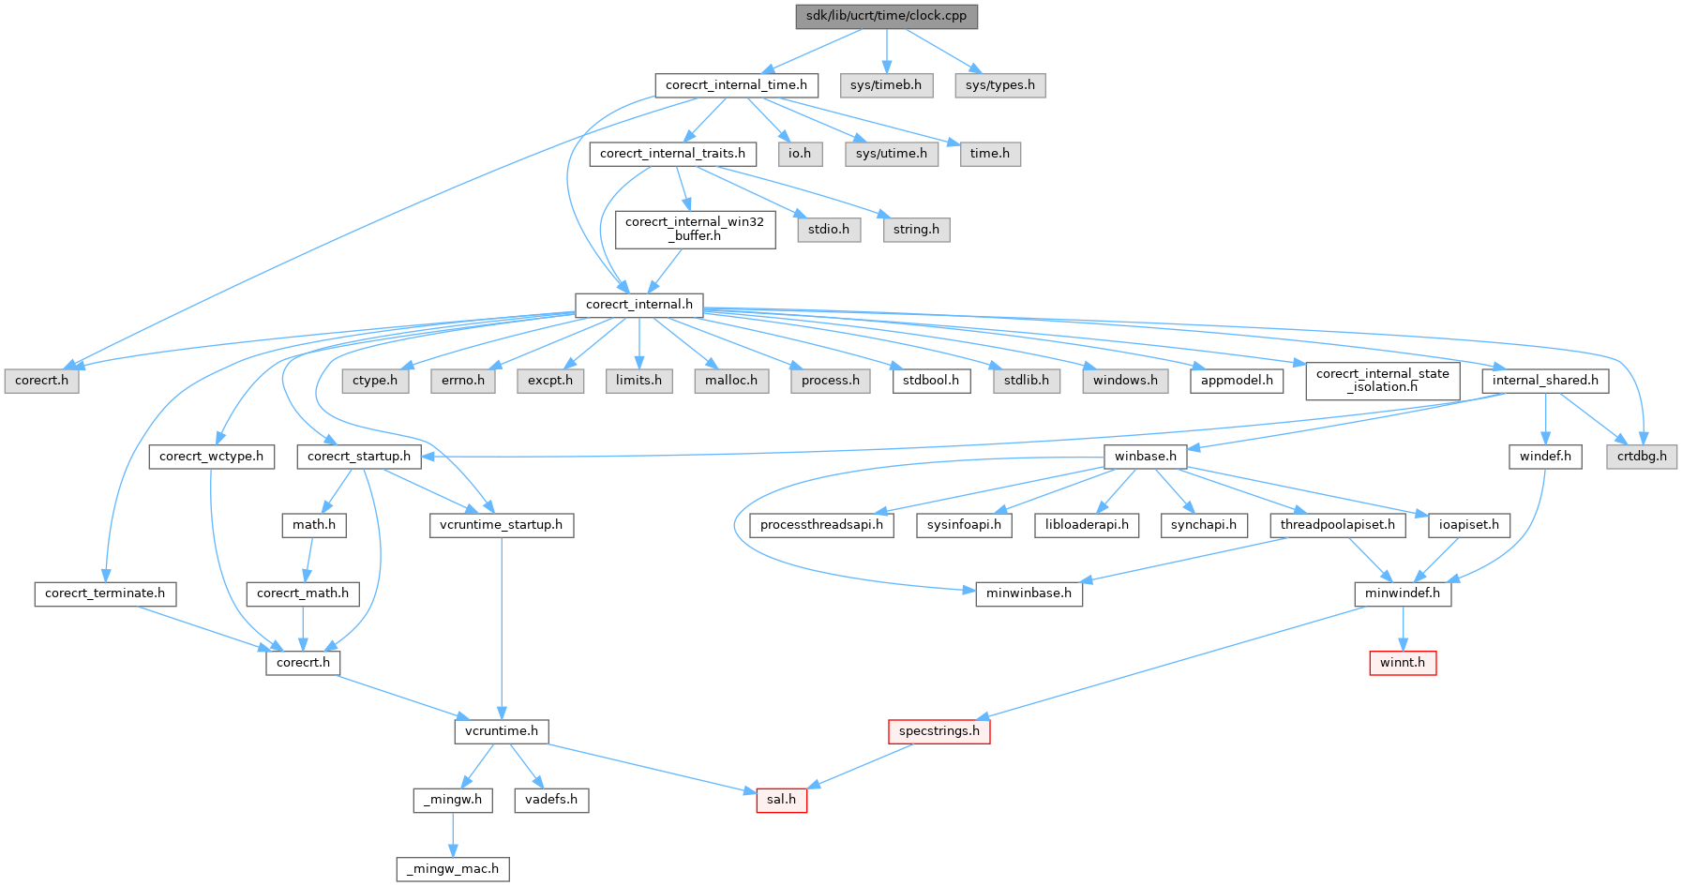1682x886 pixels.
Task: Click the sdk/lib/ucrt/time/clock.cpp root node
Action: coord(886,16)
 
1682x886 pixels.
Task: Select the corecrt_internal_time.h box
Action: coord(736,85)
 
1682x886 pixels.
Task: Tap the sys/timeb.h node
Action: coord(886,85)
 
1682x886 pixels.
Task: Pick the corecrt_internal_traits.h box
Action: coord(672,154)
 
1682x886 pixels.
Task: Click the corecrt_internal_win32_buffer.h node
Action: coord(695,229)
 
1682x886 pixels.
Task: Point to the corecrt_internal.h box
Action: coord(638,305)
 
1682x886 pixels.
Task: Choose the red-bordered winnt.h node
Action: coord(1402,663)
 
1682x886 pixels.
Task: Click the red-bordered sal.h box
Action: coord(781,800)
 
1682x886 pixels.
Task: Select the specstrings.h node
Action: coord(939,731)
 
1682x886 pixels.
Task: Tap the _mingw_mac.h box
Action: coord(453,869)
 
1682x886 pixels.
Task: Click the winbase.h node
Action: coord(1145,457)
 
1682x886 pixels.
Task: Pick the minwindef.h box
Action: coord(1402,593)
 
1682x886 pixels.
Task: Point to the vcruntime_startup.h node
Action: coord(502,525)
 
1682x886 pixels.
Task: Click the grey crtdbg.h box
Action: coord(1642,457)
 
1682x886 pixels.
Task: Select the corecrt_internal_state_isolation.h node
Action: coord(1382,381)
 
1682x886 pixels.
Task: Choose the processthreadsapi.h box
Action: coord(821,525)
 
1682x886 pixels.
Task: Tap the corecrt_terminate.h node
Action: coord(105,593)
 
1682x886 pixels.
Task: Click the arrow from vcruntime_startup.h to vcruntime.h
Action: coord(502,628)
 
